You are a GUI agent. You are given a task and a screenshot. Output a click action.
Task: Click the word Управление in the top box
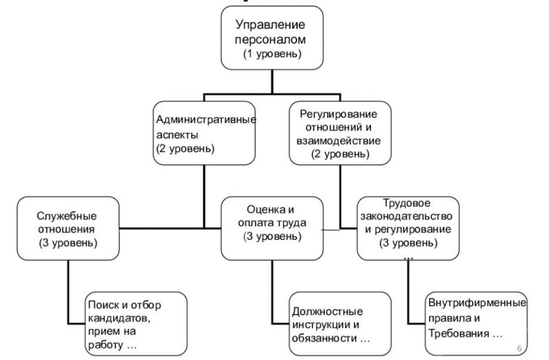pyautogui.click(x=271, y=24)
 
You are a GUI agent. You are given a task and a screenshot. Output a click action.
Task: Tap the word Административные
pyautogui.click(x=206, y=119)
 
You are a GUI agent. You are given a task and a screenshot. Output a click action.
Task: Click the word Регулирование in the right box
pyautogui.click(x=339, y=115)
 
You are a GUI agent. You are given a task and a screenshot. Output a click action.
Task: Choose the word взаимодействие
pyautogui.click(x=339, y=142)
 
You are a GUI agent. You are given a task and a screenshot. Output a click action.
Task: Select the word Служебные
pyautogui.click(x=67, y=216)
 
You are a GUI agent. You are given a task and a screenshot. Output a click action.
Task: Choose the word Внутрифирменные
pyautogui.click(x=477, y=303)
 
